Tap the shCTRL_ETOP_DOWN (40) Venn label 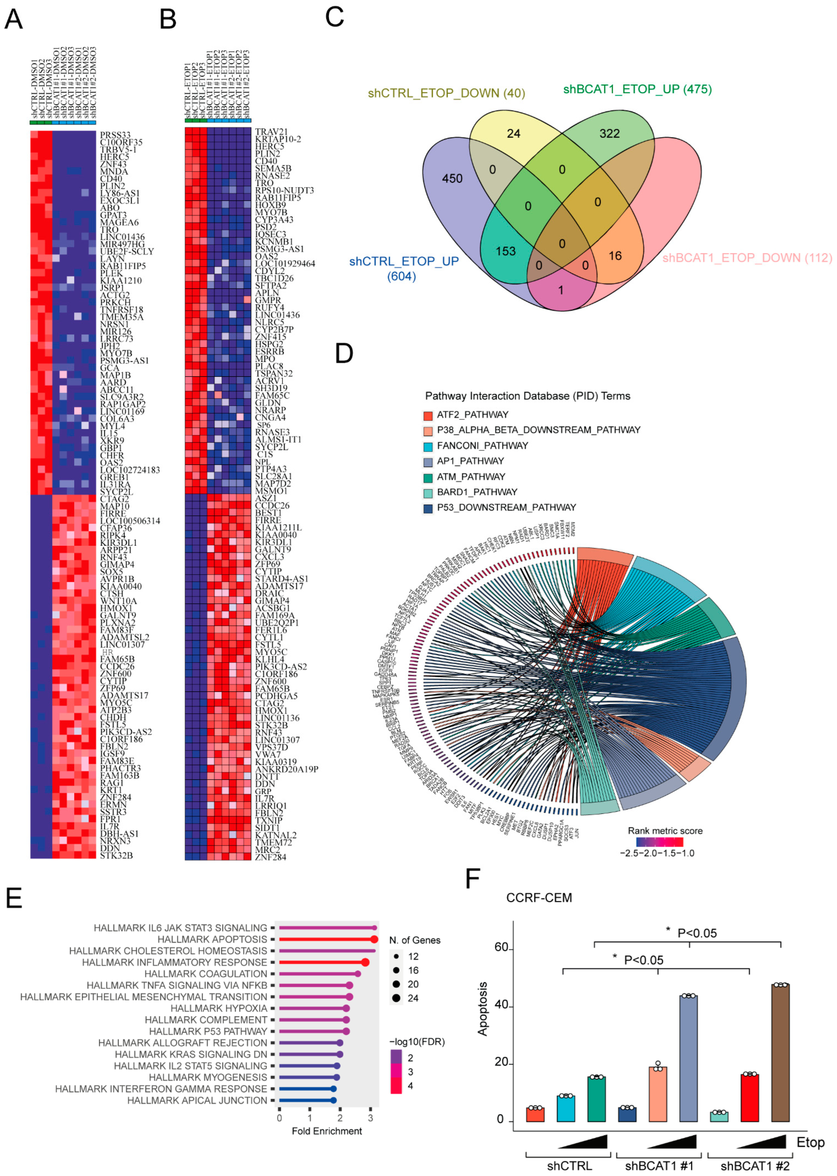pos(446,93)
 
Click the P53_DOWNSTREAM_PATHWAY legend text pos(506,508)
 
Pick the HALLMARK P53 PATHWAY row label pos(208,1031)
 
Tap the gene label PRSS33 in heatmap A pos(115,135)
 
